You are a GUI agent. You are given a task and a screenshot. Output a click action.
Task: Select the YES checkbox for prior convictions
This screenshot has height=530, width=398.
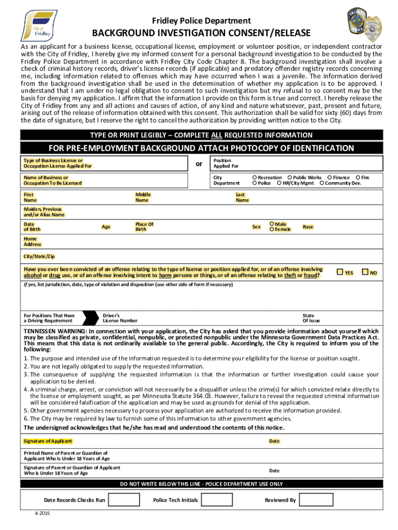tap(340, 272)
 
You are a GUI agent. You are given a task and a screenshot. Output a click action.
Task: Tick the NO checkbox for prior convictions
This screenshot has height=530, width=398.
tap(365, 272)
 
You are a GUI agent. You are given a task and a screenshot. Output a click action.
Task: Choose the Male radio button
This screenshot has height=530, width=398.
tap(272, 224)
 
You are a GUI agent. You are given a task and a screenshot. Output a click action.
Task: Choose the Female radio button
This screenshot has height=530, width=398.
tap(272, 229)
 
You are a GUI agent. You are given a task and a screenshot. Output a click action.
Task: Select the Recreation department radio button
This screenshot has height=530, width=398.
tap(254, 178)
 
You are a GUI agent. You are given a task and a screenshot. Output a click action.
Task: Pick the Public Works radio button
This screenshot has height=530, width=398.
tap(289, 178)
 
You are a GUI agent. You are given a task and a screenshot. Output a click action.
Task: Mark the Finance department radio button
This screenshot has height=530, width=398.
tap(329, 178)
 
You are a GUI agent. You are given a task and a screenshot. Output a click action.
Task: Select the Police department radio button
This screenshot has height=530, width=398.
tap(254, 183)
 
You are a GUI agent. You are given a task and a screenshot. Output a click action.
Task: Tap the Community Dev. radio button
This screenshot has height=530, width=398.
tap(322, 183)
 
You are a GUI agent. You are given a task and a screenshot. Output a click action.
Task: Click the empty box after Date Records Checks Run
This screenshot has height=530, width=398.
tap(124, 500)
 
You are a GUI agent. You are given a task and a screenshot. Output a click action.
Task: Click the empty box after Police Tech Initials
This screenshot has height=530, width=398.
tap(214, 500)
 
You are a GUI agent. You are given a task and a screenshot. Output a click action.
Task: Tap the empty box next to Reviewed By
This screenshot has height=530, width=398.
tap(317, 500)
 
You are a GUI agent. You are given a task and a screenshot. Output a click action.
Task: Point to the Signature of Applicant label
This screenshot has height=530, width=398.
tap(48, 441)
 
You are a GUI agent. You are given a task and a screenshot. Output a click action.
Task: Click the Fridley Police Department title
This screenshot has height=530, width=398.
tap(201, 21)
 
